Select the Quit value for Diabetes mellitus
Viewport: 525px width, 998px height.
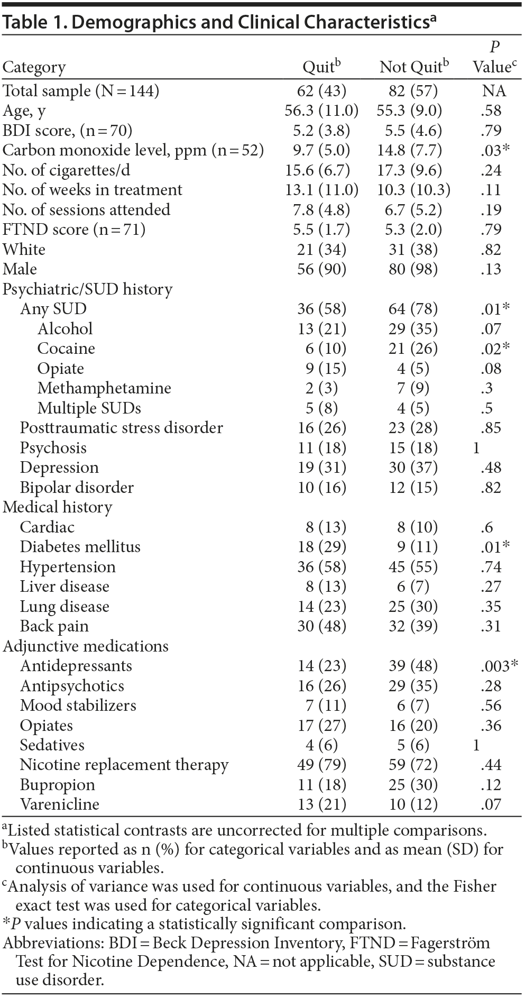click(x=321, y=547)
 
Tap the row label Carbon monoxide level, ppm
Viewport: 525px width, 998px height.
click(x=133, y=150)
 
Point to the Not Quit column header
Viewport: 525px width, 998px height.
click(x=413, y=67)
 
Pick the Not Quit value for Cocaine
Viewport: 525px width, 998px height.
click(x=413, y=349)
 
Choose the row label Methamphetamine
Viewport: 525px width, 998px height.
click(x=104, y=388)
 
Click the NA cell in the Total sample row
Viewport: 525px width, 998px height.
click(x=494, y=91)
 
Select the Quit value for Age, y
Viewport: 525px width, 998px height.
click(x=321, y=111)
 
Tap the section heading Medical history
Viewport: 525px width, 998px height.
click(x=58, y=507)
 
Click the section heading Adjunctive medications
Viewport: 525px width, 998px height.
click(x=86, y=646)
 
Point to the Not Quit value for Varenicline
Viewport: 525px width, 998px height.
click(x=413, y=804)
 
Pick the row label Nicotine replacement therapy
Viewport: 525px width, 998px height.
click(x=124, y=765)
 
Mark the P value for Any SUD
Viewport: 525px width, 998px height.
click(x=494, y=309)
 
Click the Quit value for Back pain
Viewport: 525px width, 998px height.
click(x=321, y=626)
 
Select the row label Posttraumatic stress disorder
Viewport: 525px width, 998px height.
click(x=122, y=428)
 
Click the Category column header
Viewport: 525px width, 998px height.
click(x=34, y=67)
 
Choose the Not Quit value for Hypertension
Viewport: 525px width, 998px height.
click(x=413, y=567)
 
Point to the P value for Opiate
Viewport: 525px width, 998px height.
click(x=491, y=369)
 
